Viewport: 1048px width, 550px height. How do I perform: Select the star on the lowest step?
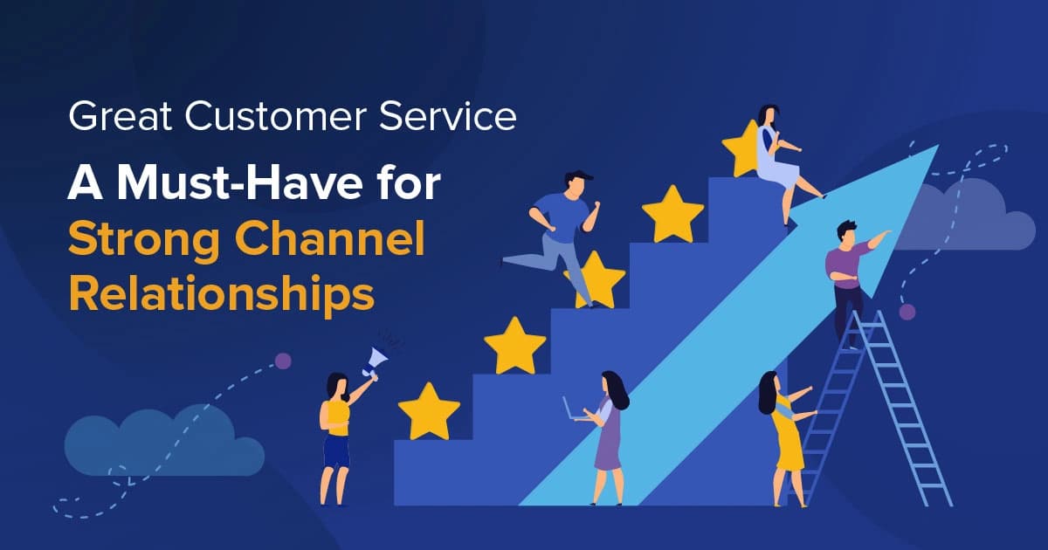tap(429, 410)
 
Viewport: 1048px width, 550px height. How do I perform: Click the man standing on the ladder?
tap(848, 275)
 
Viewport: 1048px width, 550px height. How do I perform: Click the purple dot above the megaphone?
tap(283, 361)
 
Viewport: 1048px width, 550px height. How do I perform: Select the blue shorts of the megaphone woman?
tap(336, 452)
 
